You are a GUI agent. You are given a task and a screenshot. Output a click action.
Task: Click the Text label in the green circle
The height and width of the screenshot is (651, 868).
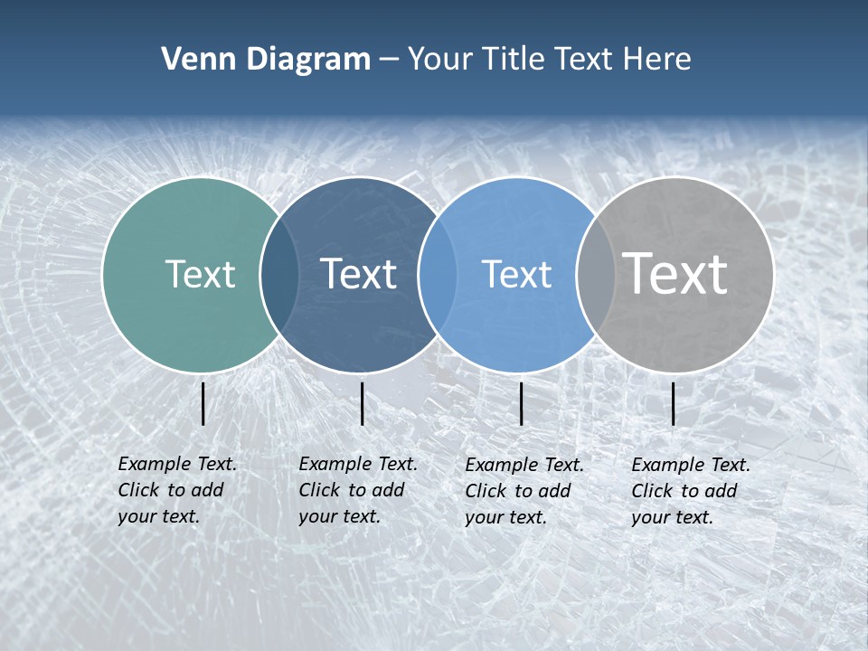(x=200, y=274)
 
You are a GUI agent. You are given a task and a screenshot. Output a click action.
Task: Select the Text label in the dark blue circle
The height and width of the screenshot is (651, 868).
(x=358, y=274)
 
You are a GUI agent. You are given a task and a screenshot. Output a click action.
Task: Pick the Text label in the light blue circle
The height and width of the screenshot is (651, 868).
(x=516, y=274)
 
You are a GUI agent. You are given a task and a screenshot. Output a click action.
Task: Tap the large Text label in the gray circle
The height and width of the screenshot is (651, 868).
(x=675, y=273)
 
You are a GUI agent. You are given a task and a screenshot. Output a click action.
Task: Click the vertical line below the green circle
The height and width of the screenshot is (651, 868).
(x=203, y=403)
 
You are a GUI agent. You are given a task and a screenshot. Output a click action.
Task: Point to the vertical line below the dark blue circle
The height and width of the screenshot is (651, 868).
(x=362, y=403)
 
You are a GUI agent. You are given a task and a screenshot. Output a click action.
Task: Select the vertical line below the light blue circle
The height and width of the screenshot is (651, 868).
(x=521, y=403)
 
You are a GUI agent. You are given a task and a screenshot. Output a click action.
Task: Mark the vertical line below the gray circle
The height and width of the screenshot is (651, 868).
(x=674, y=403)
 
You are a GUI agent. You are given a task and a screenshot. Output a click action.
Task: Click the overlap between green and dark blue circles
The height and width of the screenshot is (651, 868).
(x=279, y=274)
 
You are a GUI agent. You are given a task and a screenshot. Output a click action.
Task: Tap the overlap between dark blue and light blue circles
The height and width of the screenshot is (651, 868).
(x=437, y=274)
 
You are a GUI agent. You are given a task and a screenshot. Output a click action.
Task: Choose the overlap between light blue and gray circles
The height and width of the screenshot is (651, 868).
(x=594, y=274)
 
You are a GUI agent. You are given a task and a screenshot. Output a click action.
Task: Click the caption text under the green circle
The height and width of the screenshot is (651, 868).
(x=176, y=490)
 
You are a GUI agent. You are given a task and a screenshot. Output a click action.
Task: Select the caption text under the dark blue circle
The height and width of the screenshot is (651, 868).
(x=357, y=490)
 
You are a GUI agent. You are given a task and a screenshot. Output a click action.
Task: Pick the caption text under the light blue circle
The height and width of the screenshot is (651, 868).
(x=524, y=491)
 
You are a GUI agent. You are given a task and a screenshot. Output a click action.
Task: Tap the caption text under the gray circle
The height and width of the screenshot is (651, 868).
(x=690, y=491)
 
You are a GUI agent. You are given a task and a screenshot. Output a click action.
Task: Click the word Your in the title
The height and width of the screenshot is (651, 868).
(x=439, y=60)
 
